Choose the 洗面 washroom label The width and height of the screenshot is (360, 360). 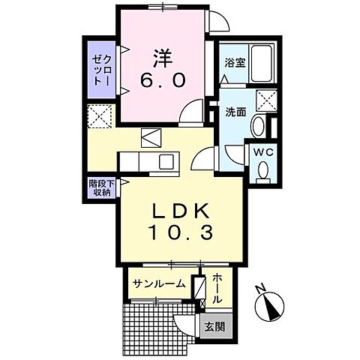[235, 112]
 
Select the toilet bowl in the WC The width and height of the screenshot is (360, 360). [263, 172]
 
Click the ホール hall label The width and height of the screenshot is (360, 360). [216, 288]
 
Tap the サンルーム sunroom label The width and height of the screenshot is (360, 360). [158, 283]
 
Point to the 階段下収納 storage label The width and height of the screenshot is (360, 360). [100, 187]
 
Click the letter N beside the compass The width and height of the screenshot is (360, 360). [258, 289]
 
